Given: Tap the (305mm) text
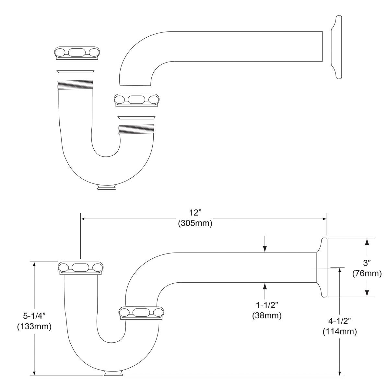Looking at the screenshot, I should tap(195, 223).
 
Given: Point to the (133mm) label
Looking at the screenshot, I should tap(34, 327).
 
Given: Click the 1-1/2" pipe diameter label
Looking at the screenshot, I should tap(267, 305).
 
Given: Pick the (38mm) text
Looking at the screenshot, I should tap(267, 315).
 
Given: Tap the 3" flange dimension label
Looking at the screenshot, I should tap(367, 263).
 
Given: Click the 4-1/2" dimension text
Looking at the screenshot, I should tap(339, 321).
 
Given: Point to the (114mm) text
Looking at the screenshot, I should tap(339, 332).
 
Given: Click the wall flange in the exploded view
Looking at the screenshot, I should tap(336, 47).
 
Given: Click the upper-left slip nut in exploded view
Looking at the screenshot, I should tap(77, 53).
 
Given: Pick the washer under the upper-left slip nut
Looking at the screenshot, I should tap(76, 71).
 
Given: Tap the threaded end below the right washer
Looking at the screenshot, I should tap(136, 129).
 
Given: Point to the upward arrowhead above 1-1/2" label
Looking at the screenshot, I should tap(265, 286).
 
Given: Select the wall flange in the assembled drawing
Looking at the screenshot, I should tap(323, 267).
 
